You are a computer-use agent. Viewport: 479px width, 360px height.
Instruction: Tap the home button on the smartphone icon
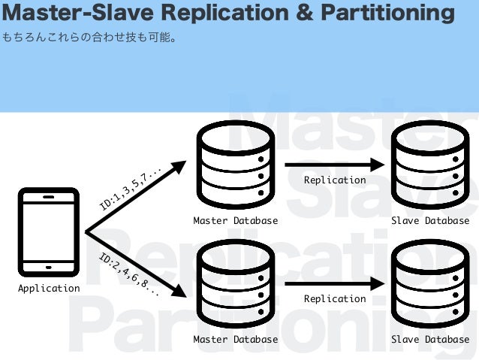(49, 267)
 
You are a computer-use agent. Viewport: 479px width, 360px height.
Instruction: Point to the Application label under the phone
(49, 288)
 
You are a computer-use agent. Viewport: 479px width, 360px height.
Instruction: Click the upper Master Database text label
(235, 221)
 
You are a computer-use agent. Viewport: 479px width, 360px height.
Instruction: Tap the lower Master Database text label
(235, 340)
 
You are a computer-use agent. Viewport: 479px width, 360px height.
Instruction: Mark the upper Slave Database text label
(430, 221)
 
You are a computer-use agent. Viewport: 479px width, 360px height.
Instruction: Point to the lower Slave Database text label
(430, 340)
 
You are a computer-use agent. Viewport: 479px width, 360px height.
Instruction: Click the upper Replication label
(335, 180)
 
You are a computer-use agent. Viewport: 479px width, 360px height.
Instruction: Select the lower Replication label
(335, 299)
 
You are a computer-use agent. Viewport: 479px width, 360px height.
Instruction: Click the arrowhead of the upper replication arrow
(378, 165)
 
